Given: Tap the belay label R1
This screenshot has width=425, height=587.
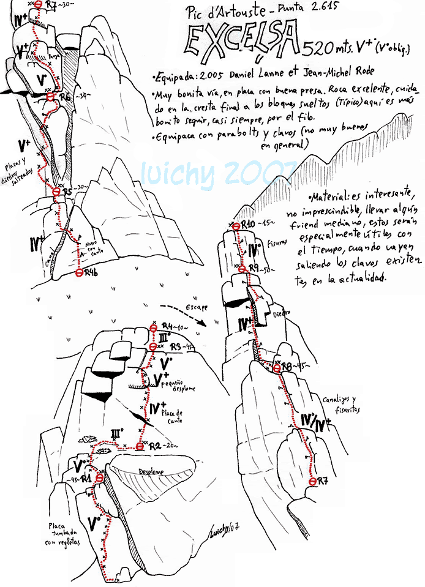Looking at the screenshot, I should [86, 477].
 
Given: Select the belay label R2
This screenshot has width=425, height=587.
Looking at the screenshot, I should [154, 445].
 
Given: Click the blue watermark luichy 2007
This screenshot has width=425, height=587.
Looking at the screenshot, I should [217, 173].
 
